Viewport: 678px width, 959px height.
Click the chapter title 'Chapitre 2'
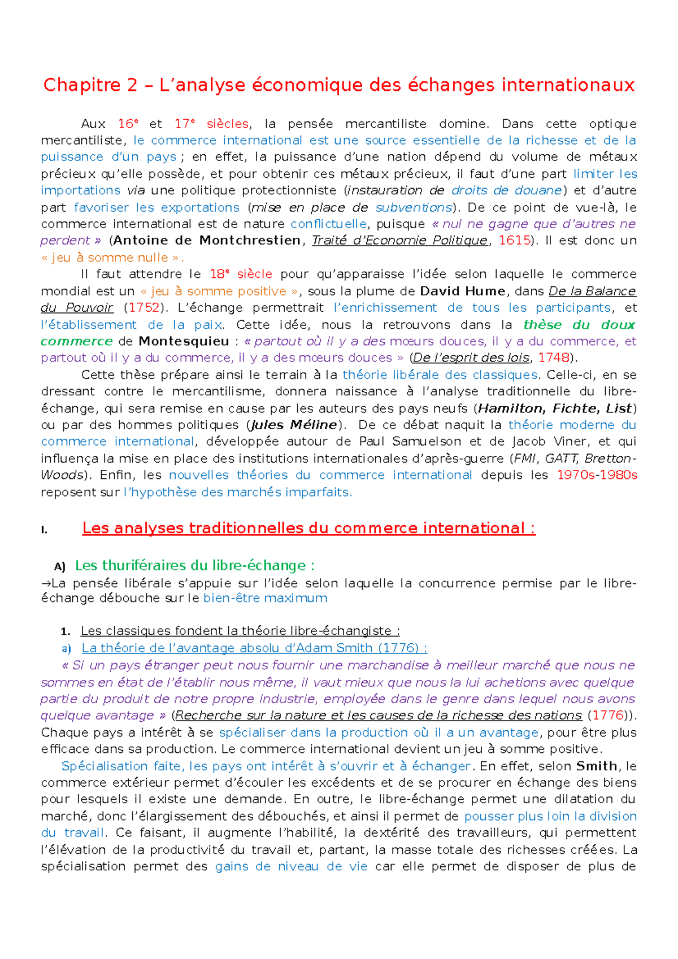tap(90, 85)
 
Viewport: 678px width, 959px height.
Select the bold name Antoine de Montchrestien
tap(207, 241)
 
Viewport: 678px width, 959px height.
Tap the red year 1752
tap(144, 308)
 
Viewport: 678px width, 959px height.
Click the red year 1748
tap(553, 358)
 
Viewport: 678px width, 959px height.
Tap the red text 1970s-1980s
tap(597, 475)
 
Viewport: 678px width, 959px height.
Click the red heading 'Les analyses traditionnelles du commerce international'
tap(308, 528)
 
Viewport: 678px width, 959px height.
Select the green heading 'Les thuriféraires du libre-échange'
tap(194, 565)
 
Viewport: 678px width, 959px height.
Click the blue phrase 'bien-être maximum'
tap(265, 598)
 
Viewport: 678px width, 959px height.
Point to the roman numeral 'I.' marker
tap(44, 530)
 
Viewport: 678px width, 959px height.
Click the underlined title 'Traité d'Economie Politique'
tap(399, 241)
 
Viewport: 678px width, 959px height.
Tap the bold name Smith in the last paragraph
tap(597, 766)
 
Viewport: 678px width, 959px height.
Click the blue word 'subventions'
tap(414, 207)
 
